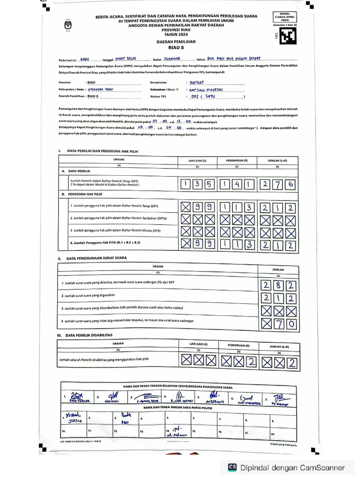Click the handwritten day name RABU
coord(85,60)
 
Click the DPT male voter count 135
coord(197,184)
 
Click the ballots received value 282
coord(278,284)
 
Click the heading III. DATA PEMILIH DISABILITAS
coord(90,336)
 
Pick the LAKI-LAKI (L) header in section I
coord(197,160)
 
